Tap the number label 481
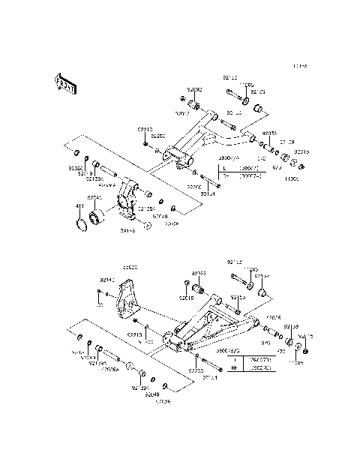point(79,205)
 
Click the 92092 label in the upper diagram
point(194,89)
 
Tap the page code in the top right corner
point(300,67)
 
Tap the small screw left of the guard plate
point(99,303)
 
